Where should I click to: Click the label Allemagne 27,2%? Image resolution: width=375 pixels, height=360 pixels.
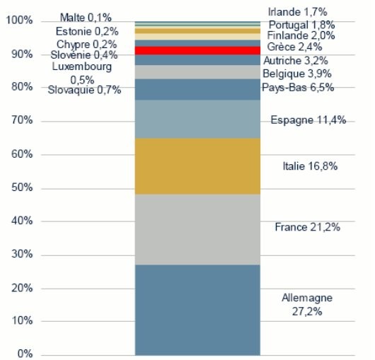tap(306, 304)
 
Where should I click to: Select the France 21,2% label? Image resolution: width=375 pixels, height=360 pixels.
tap(308, 227)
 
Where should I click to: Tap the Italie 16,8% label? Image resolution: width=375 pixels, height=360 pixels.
tap(309, 167)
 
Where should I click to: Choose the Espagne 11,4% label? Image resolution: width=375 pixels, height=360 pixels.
tap(308, 120)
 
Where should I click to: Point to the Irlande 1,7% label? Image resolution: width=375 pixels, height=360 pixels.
tap(296, 12)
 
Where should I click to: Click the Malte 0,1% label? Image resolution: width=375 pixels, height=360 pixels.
tap(86, 16)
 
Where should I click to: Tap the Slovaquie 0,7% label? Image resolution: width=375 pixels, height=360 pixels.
tap(84, 90)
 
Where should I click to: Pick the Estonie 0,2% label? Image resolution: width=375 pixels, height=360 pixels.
tap(86, 31)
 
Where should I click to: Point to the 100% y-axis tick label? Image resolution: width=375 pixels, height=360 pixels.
tap(18, 21)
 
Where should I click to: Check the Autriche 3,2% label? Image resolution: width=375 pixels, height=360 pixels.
tap(296, 61)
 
